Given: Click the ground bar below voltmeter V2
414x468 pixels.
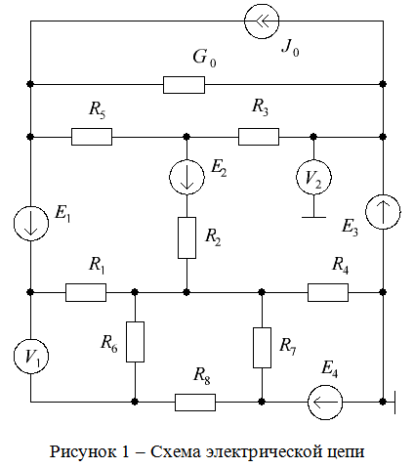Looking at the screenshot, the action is point(313,217).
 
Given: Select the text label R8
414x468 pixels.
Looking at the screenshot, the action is point(202,376).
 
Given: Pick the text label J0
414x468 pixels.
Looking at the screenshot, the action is point(291,48).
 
